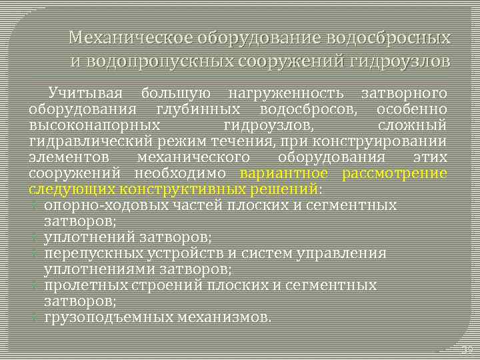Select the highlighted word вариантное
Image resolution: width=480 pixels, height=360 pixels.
285,173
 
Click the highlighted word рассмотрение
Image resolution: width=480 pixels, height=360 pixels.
393,173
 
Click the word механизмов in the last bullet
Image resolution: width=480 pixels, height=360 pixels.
224,317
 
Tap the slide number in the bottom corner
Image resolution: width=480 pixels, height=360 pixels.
466,349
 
